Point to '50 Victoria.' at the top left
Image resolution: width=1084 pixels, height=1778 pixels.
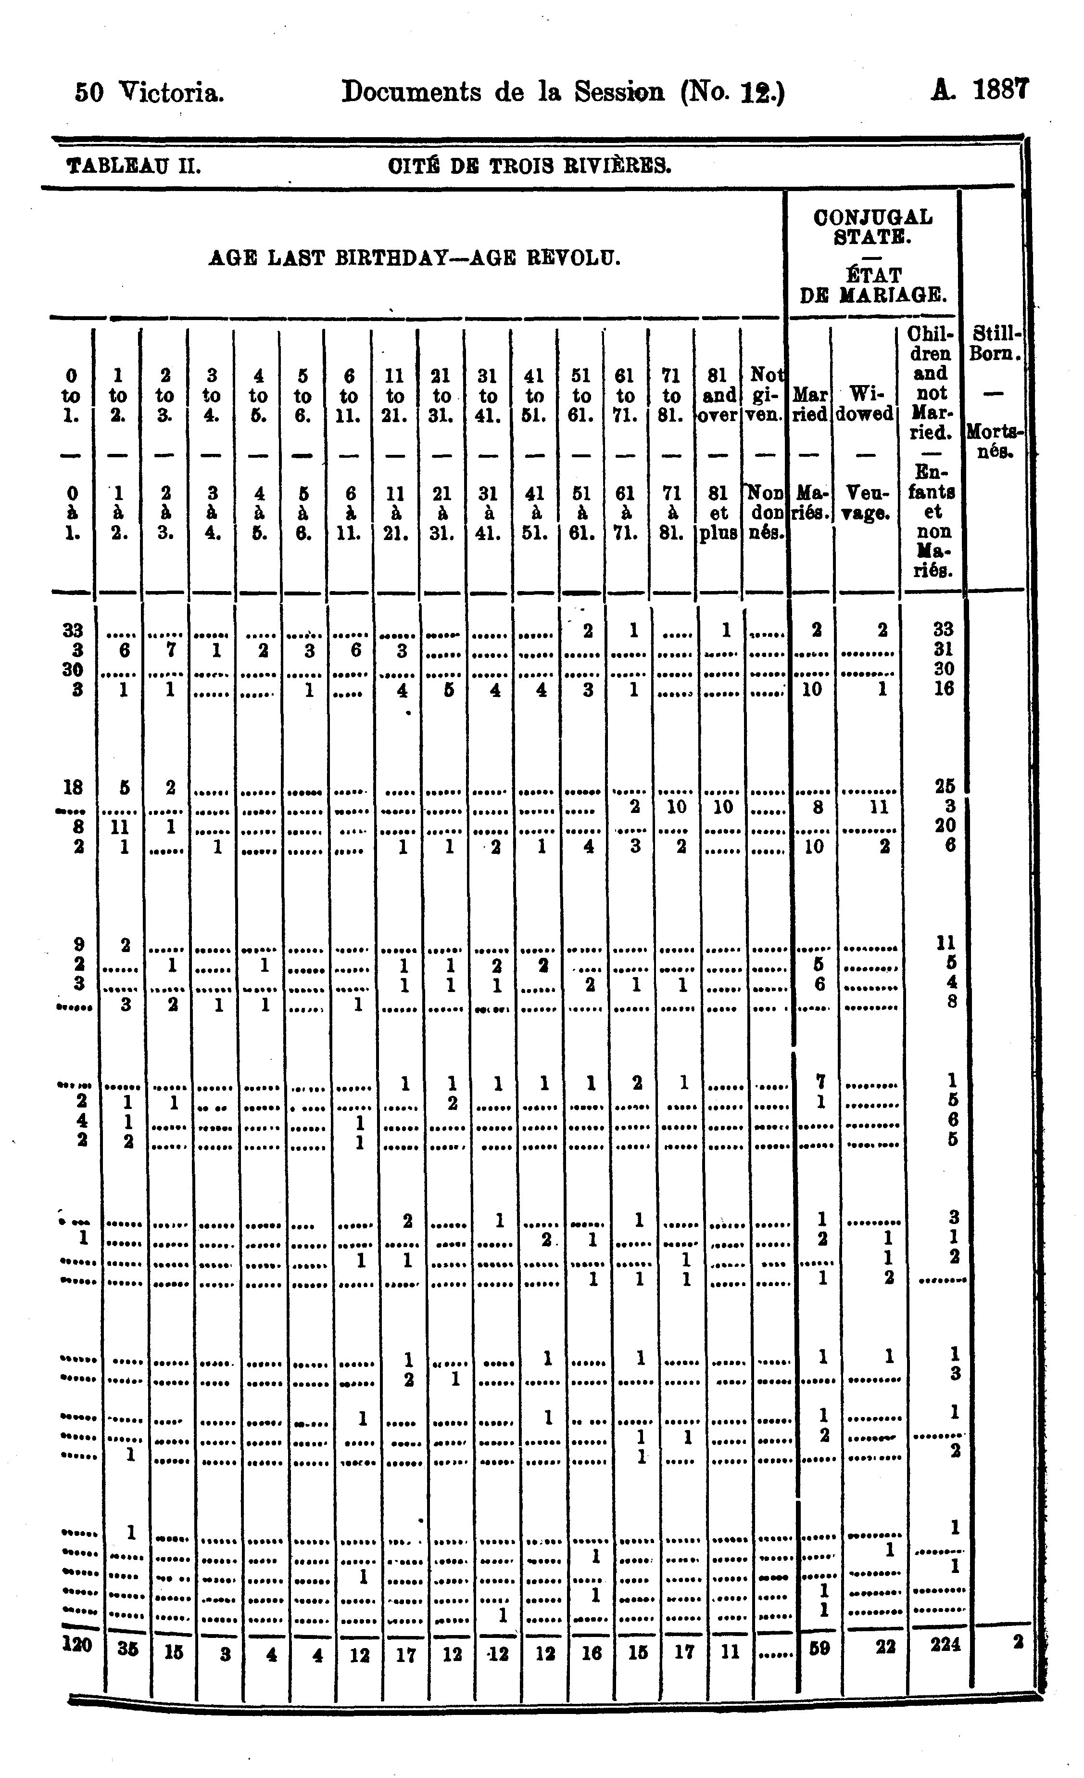(x=149, y=92)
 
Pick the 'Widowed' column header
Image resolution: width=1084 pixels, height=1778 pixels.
(x=864, y=404)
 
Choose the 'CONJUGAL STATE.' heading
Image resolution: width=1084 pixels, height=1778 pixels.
(x=873, y=227)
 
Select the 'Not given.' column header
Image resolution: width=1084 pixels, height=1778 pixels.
(x=766, y=395)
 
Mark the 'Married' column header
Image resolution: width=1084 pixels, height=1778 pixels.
(x=810, y=404)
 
